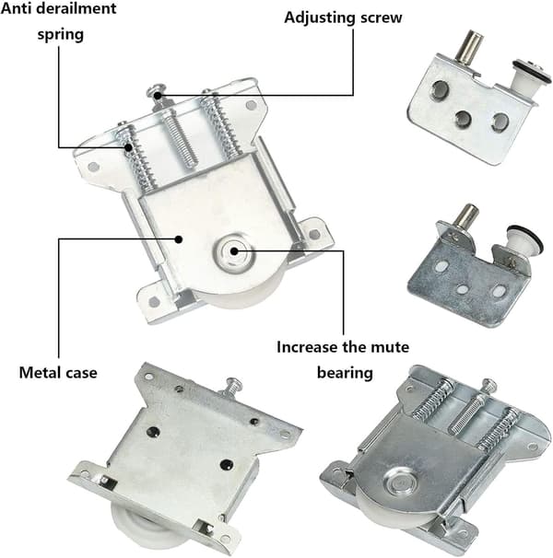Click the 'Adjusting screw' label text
click(343, 17)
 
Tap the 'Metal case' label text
click(58, 373)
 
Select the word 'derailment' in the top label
click(82, 8)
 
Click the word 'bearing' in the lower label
click(345, 373)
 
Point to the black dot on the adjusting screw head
click(157, 95)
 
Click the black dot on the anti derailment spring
click(128, 147)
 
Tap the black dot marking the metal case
click(179, 239)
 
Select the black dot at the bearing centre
click(234, 251)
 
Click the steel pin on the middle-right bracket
click(466, 218)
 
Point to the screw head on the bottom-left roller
click(234, 382)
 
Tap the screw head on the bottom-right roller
click(489, 384)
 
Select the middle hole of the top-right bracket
click(464, 119)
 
